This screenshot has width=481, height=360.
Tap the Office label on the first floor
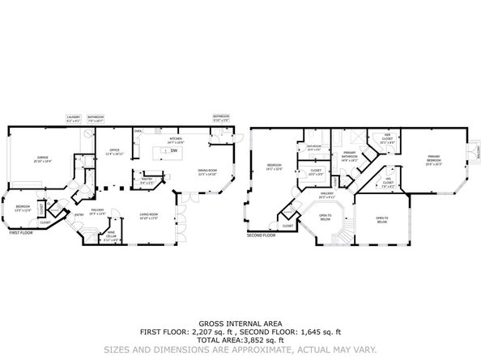click(x=111, y=151)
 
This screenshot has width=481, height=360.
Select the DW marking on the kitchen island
click(x=172, y=151)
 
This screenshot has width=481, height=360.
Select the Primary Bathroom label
click(x=350, y=157)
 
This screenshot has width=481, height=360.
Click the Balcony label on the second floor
click(x=478, y=154)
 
